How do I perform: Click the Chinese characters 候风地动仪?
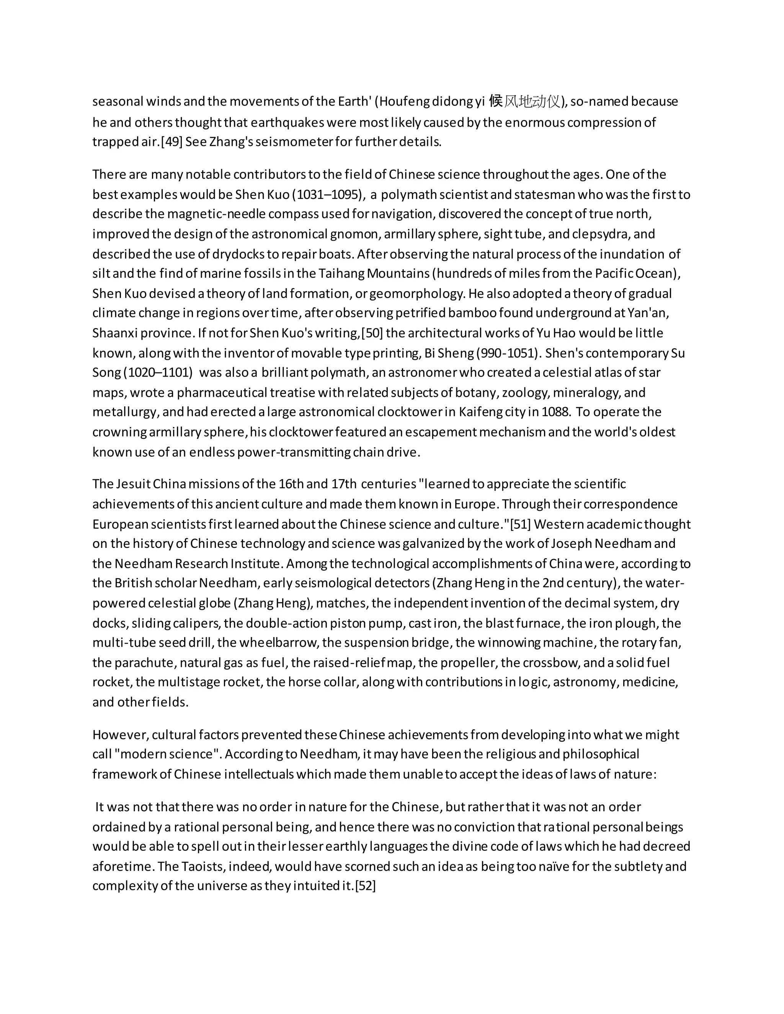pos(525,101)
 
